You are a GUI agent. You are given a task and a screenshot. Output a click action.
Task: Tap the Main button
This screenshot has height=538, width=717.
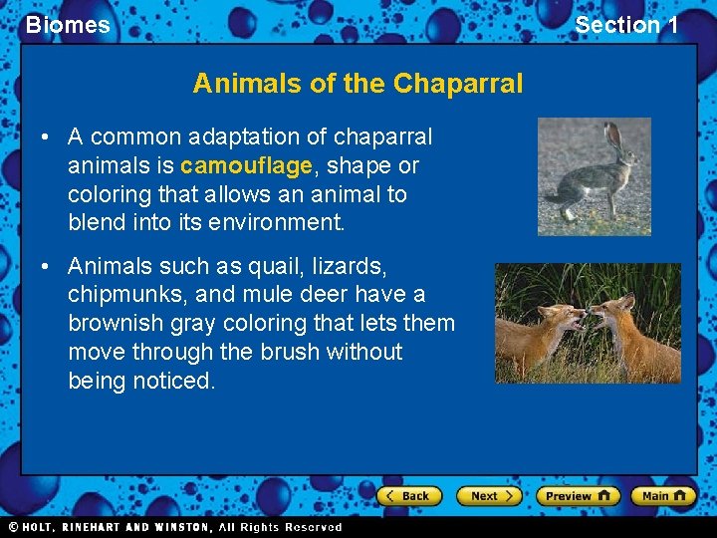click(x=662, y=495)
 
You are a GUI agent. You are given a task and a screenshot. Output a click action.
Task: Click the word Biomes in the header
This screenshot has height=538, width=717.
click(x=68, y=25)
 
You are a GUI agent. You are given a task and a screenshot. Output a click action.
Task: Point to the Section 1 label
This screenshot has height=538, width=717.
click(x=626, y=25)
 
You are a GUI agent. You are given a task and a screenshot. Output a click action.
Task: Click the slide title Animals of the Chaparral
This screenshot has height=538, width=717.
click(x=358, y=83)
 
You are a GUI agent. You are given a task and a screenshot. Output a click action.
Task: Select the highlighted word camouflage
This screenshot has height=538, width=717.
click(x=245, y=164)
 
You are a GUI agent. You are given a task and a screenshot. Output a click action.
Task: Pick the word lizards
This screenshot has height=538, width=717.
click(x=352, y=266)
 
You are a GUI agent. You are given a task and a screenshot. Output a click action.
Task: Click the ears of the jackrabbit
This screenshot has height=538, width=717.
click(x=616, y=136)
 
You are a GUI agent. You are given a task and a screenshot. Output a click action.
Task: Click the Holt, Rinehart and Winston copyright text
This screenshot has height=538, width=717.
click(x=174, y=527)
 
